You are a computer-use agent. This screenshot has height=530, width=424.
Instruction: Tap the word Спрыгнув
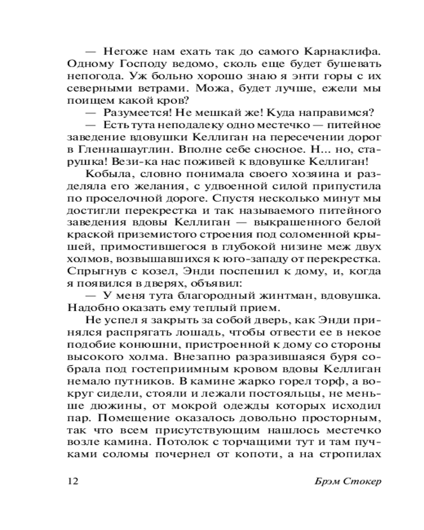pos(92,271)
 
